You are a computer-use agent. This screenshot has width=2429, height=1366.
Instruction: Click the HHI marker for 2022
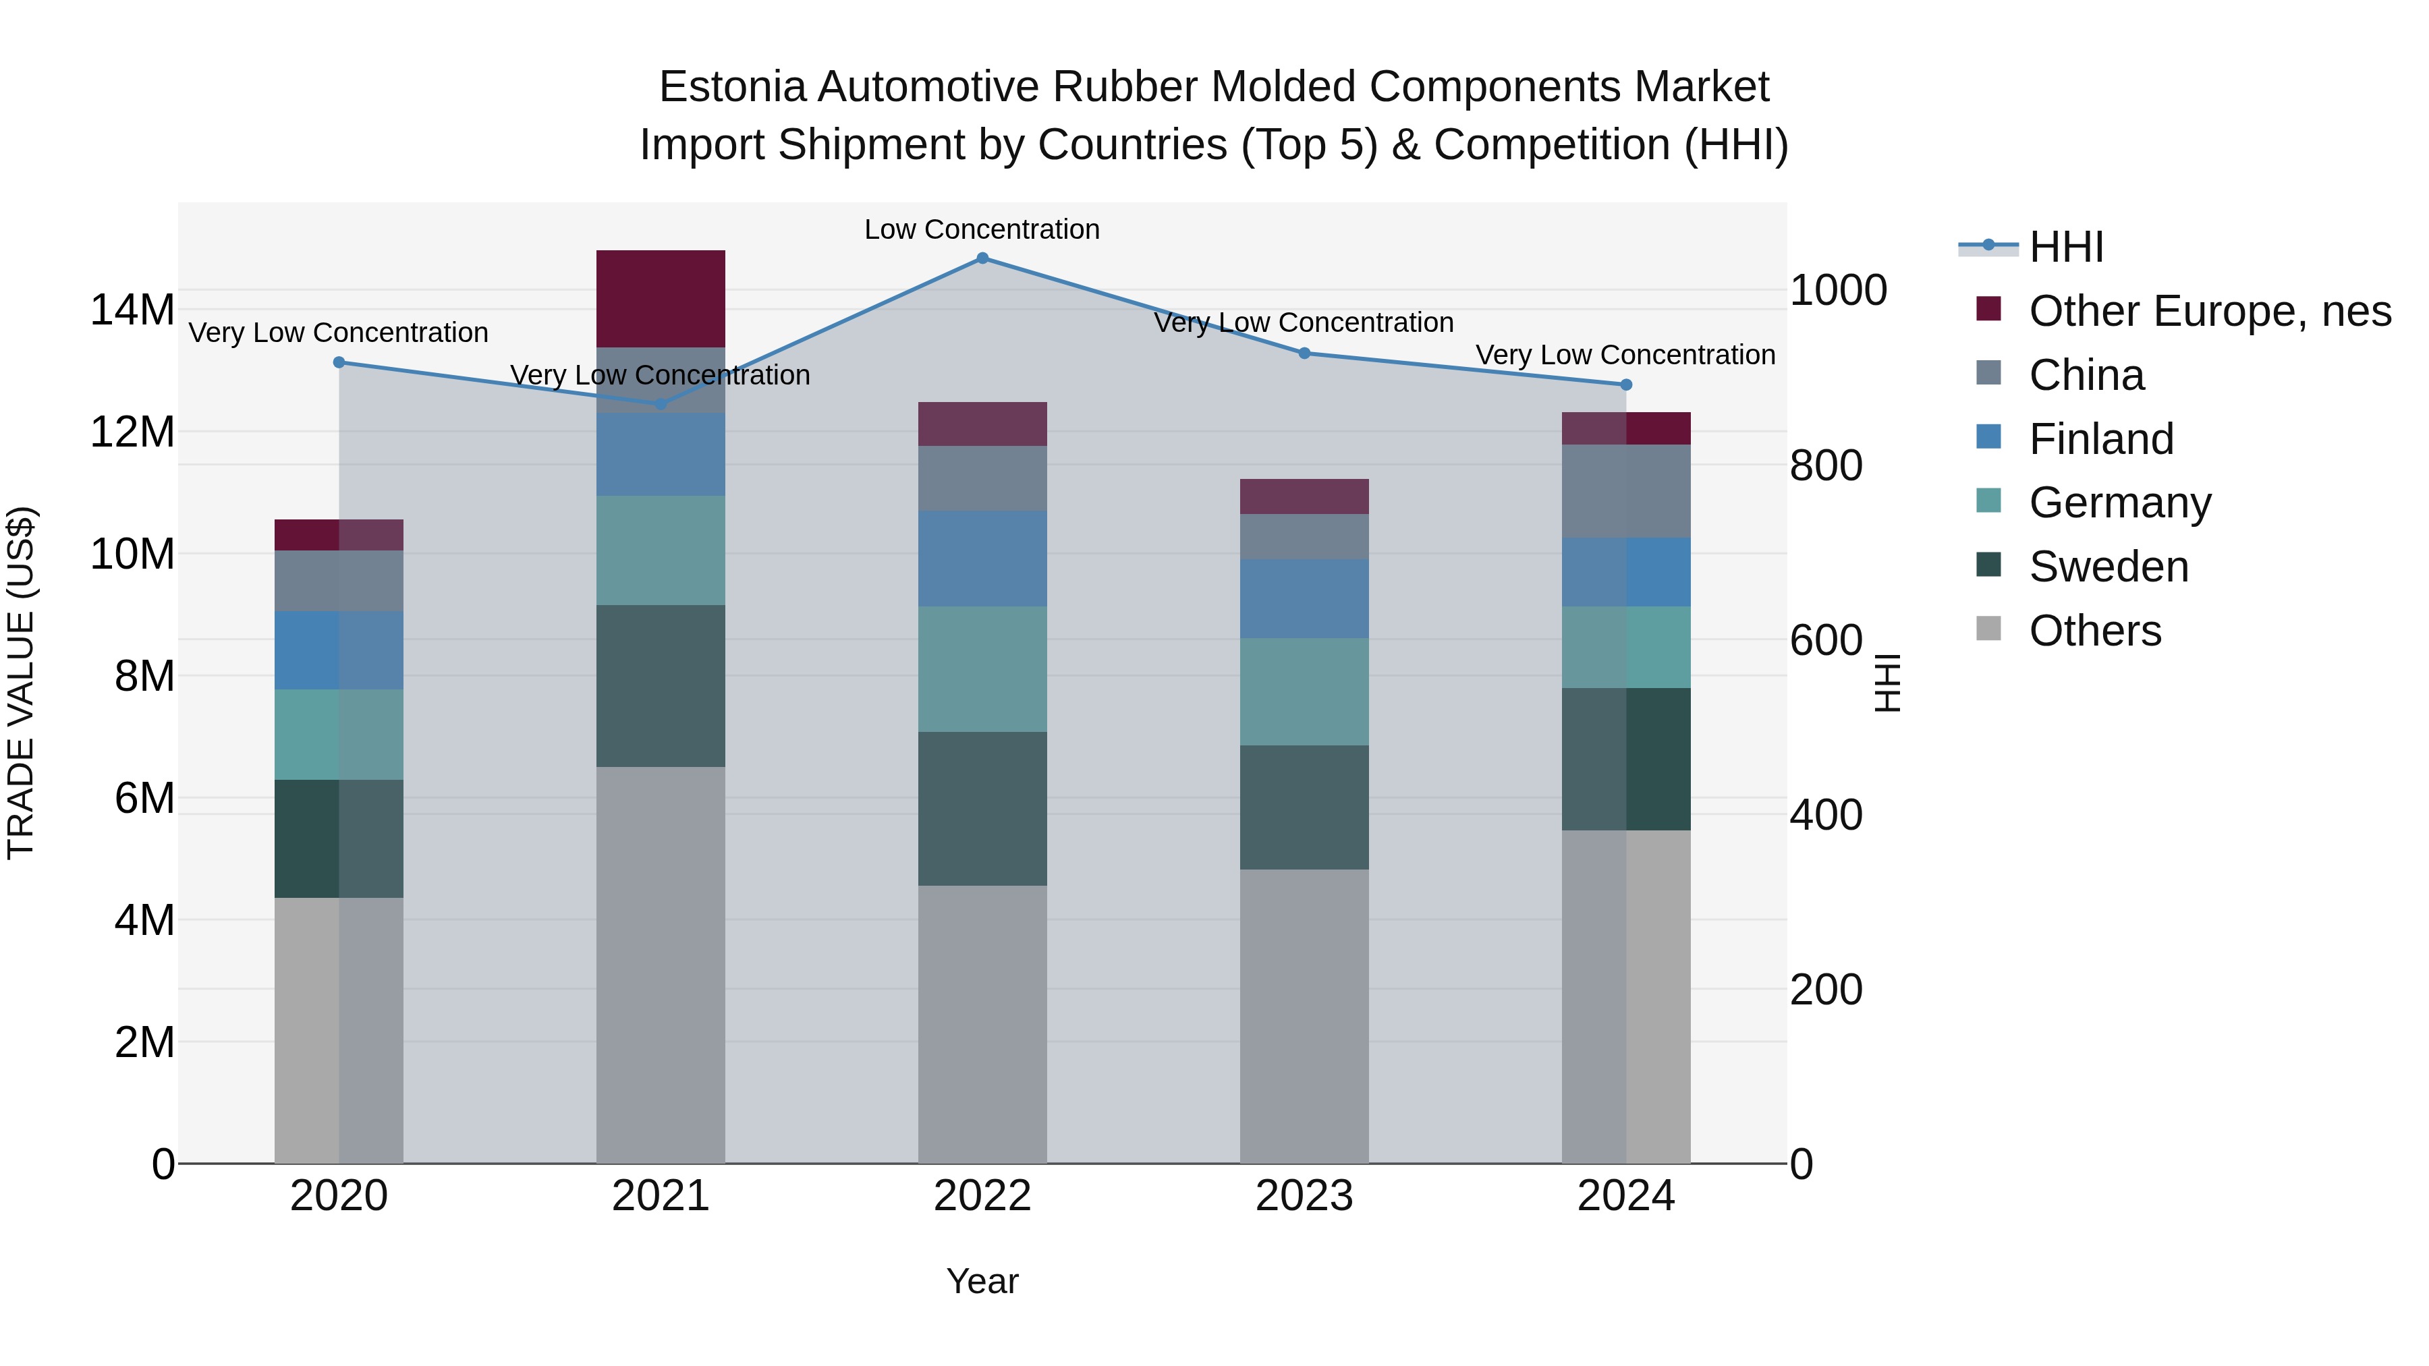coord(982,258)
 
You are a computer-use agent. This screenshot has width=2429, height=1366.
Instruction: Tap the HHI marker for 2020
coord(339,363)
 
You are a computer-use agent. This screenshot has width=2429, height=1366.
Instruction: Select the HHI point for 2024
coord(1625,385)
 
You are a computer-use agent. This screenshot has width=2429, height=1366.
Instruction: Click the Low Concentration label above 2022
coord(982,230)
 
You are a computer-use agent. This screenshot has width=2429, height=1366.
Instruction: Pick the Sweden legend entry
coord(2109,567)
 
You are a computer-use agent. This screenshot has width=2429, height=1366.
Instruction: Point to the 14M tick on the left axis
coord(132,310)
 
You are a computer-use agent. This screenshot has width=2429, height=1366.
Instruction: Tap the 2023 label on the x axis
coord(1304,1196)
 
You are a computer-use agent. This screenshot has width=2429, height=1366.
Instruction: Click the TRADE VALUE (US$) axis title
coord(21,683)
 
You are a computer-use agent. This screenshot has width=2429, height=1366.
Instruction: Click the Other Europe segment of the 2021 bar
coord(660,299)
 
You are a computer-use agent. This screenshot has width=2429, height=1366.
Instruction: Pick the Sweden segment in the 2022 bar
coord(982,808)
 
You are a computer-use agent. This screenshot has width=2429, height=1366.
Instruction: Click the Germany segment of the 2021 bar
coord(660,550)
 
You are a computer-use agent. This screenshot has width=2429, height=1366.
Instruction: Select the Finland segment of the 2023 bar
coord(1304,598)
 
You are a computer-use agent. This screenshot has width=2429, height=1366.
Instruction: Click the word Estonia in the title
coord(731,88)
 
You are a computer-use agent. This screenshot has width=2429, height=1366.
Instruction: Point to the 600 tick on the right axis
coord(1826,641)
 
